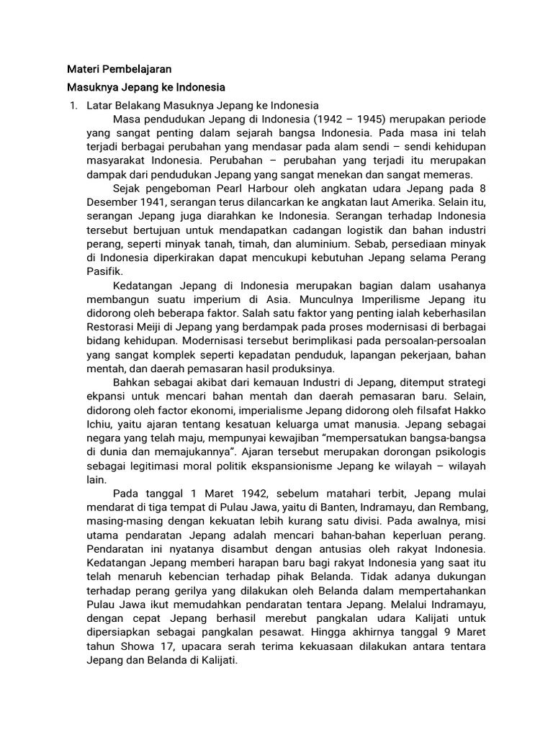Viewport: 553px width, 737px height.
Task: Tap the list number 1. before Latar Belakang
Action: point(72,106)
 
